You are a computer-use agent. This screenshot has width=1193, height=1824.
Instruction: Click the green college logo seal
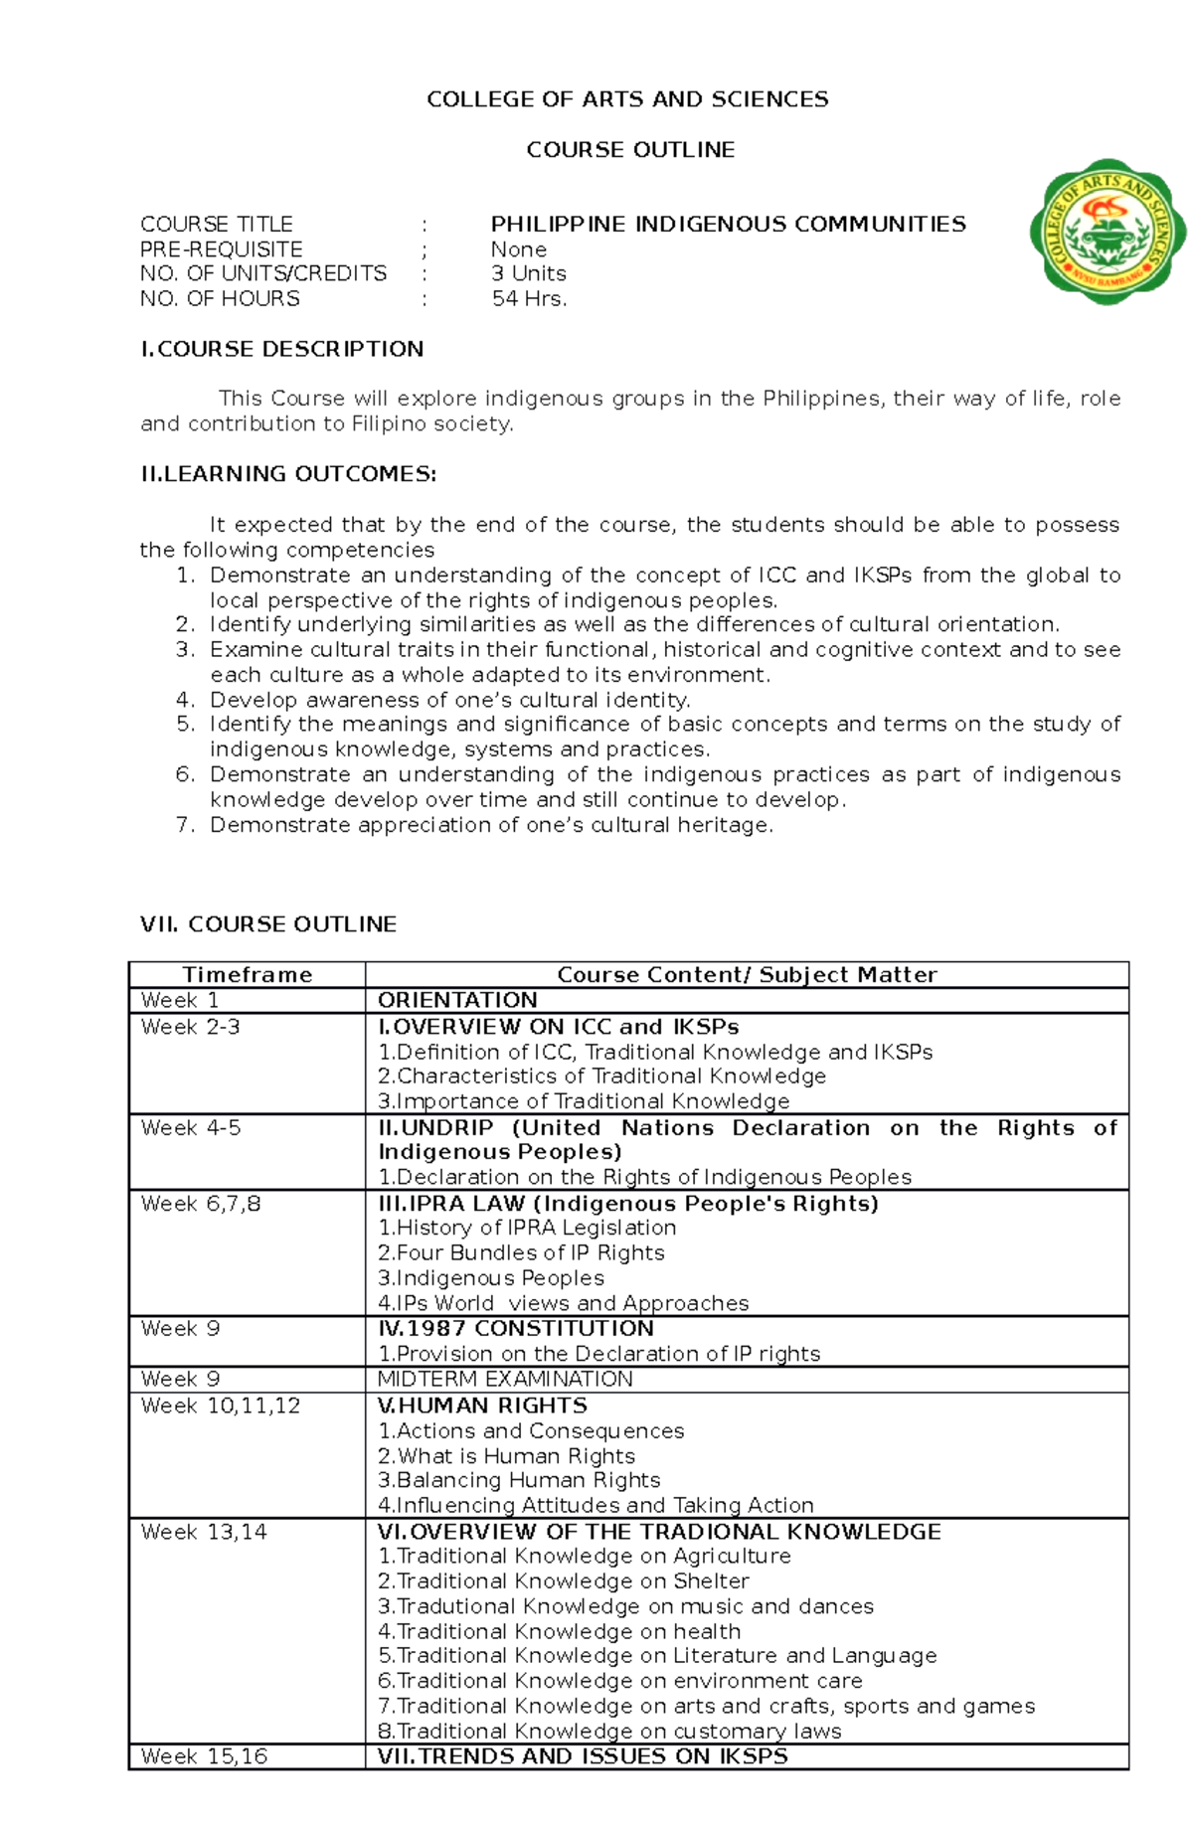[x=1108, y=232]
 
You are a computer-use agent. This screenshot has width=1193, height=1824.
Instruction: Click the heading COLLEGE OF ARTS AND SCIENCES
[x=627, y=99]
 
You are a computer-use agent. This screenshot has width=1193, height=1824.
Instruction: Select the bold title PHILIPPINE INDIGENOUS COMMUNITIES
[x=728, y=225]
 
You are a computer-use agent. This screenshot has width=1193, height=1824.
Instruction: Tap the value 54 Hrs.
[x=529, y=299]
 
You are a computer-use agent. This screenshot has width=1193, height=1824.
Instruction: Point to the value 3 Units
[x=528, y=273]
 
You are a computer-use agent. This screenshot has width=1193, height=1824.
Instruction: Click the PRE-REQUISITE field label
[x=221, y=249]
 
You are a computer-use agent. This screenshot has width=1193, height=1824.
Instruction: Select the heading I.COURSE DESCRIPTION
[x=282, y=349]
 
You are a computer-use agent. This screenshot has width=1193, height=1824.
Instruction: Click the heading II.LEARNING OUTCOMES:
[x=288, y=474]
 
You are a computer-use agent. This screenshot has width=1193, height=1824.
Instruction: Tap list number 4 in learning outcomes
[x=185, y=700]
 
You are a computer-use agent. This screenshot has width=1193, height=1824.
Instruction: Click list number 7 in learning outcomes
[x=185, y=825]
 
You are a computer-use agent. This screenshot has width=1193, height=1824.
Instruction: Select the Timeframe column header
[x=247, y=975]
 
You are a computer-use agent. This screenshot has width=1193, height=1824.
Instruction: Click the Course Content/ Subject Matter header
[x=747, y=975]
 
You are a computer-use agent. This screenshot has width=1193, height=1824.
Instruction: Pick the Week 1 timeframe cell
[x=180, y=1000]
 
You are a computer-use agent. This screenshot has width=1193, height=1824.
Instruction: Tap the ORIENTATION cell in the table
[x=457, y=1000]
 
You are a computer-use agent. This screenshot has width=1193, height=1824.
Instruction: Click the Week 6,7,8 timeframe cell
[x=201, y=1204]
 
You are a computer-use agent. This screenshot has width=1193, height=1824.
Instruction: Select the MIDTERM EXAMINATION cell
[x=505, y=1380]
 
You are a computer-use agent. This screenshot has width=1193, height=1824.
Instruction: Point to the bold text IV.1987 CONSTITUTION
[x=515, y=1329]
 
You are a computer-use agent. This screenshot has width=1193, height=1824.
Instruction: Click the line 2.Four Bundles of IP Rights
[x=521, y=1253]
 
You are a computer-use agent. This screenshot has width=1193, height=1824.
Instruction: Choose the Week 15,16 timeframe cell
[x=204, y=1756]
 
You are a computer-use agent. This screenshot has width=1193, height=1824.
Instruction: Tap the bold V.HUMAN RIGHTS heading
[x=482, y=1406]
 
